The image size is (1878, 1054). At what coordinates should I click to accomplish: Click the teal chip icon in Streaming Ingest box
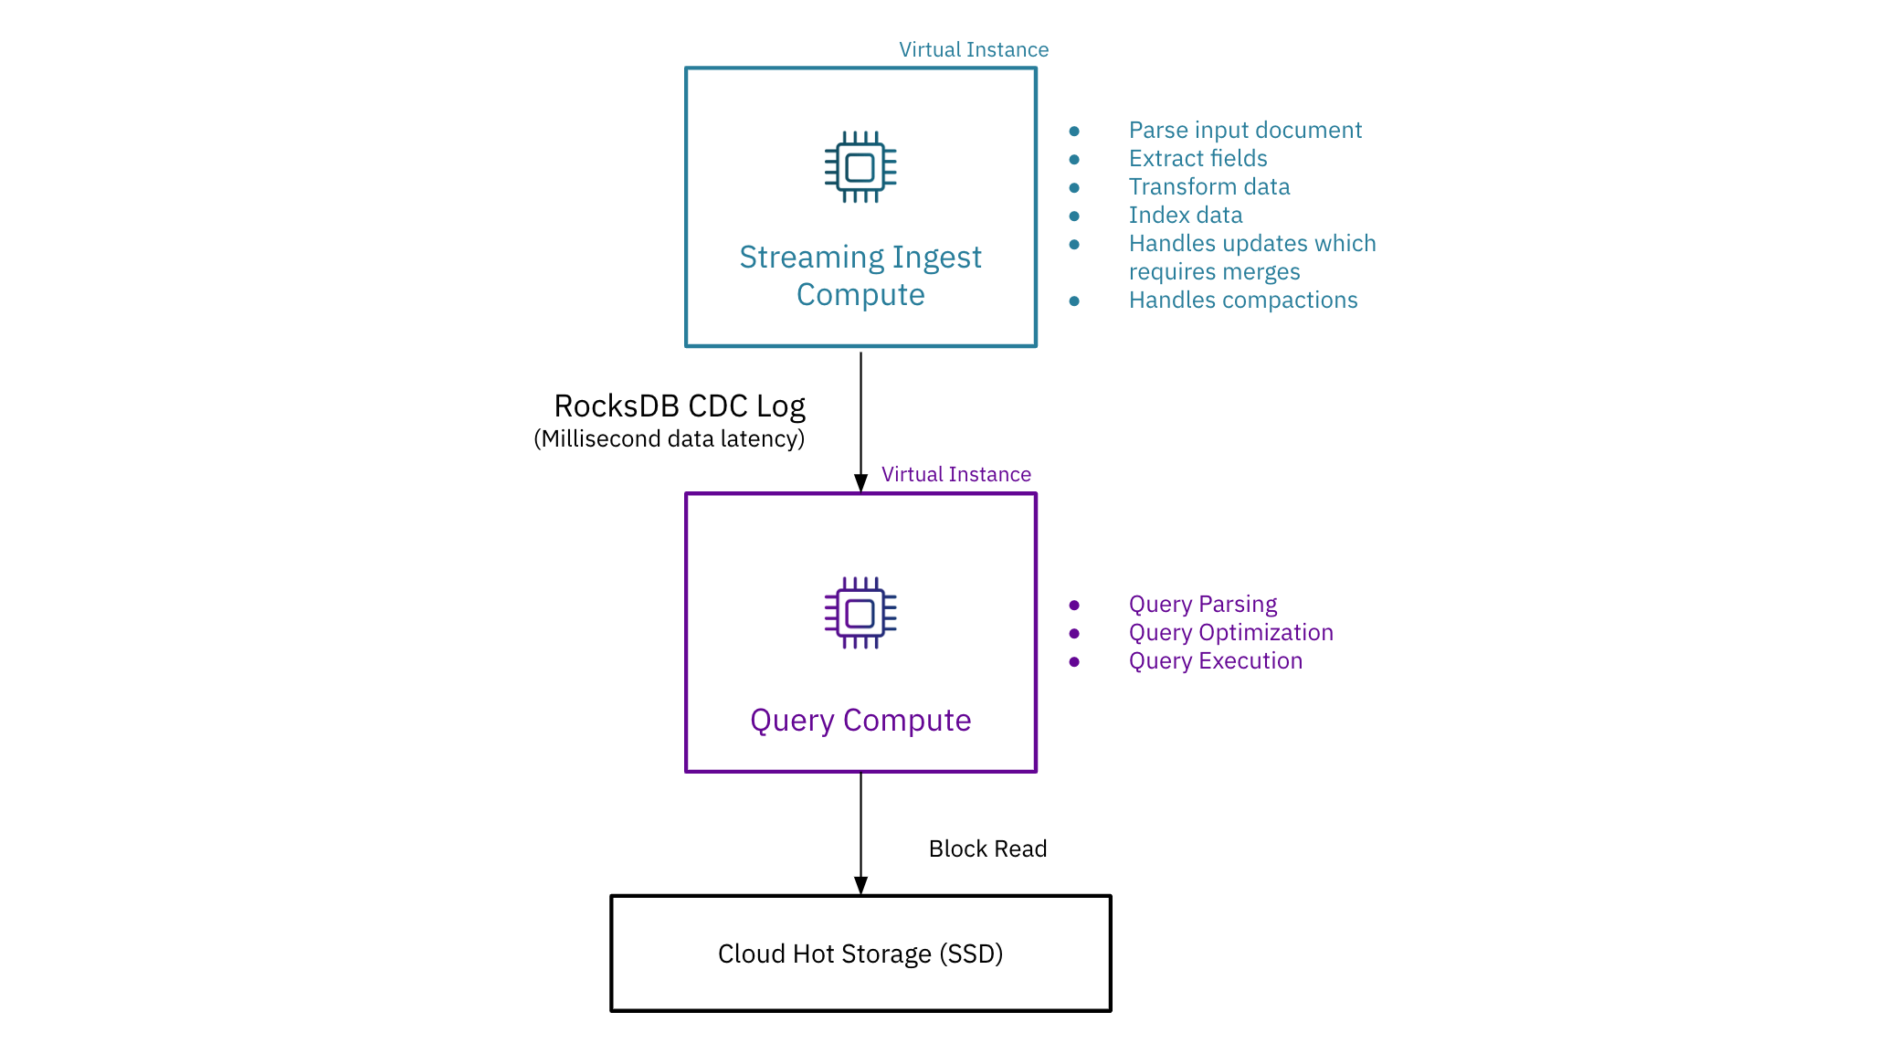click(860, 167)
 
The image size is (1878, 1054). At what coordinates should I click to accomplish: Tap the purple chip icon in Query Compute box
click(860, 613)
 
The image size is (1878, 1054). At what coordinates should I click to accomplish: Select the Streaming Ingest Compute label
click(860, 276)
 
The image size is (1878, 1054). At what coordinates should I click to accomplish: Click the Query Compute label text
click(860, 721)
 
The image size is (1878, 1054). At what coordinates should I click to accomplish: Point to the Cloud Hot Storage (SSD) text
click(860, 954)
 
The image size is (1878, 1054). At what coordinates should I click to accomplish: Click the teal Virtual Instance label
click(974, 50)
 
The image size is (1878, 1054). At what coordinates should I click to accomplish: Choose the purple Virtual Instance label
click(955, 475)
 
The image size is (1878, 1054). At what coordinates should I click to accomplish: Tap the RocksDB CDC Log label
click(680, 406)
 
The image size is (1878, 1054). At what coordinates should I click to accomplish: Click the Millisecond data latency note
click(670, 439)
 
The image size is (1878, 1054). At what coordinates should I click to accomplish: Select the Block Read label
click(987, 849)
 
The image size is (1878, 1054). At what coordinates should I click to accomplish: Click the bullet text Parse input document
click(1245, 131)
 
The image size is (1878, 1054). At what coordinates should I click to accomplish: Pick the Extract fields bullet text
click(1197, 159)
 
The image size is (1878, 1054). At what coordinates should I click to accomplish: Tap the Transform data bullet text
click(1209, 187)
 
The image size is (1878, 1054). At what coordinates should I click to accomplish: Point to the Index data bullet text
click(1186, 216)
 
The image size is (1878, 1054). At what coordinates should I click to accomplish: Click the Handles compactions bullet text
click(1243, 300)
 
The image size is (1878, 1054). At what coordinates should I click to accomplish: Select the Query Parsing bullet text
click(1203, 605)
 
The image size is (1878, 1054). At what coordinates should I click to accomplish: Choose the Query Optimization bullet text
click(1231, 633)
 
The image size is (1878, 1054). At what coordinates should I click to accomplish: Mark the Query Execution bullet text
click(1216, 661)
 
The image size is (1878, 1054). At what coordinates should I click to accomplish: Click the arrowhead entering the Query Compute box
click(860, 483)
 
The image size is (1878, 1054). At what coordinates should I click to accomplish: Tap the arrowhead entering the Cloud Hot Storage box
click(860, 885)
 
